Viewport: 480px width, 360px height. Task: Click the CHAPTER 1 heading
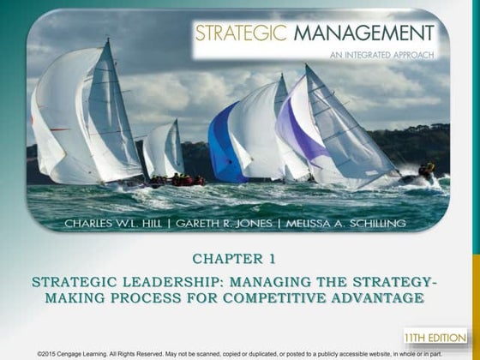[241, 258]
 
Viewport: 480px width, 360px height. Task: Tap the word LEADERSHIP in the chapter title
[155, 283]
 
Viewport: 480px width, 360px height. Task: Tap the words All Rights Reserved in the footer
[141, 353]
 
